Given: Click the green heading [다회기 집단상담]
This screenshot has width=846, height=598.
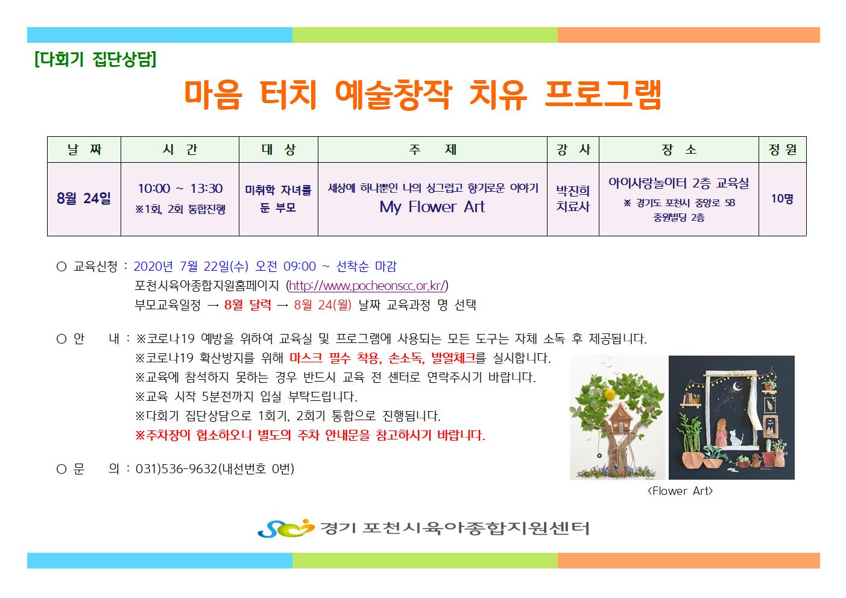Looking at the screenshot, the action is [x=95, y=59].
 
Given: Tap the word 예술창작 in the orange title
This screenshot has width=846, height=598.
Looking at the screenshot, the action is [x=393, y=95].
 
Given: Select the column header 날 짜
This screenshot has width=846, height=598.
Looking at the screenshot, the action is [x=84, y=149].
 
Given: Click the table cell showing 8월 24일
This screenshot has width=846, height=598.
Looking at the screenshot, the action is [x=84, y=198].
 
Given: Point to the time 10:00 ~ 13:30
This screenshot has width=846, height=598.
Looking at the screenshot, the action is [x=180, y=189].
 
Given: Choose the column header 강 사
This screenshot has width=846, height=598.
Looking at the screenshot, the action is [x=573, y=149].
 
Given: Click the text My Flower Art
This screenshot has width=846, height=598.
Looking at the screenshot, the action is [x=432, y=207].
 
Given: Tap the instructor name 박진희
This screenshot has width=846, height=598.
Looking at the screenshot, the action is [x=573, y=190].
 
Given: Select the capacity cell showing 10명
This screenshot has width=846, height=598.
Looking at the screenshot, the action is [x=782, y=198].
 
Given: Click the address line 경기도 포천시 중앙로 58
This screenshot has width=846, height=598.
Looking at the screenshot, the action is [x=679, y=203].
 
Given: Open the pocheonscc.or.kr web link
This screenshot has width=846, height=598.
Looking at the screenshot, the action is [x=367, y=286].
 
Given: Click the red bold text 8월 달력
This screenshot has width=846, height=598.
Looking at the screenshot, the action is [x=247, y=304].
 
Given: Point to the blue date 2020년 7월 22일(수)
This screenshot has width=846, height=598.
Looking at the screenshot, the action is [x=191, y=266].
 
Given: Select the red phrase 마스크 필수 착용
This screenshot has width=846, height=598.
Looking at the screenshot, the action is [x=336, y=358].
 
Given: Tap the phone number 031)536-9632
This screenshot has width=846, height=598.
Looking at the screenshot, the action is [x=177, y=469].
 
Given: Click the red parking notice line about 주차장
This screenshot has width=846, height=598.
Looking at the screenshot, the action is [x=310, y=435].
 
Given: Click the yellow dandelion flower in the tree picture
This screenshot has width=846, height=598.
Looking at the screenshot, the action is [x=611, y=394].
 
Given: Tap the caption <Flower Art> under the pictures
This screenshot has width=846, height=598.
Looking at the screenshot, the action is [x=680, y=491].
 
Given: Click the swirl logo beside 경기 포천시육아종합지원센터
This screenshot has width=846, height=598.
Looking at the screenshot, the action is [x=286, y=528].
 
